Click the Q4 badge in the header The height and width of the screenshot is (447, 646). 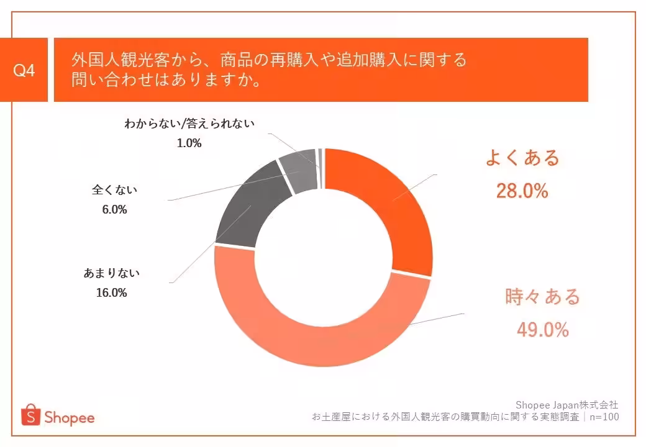coord(24,70)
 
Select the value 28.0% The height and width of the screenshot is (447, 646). coord(522,191)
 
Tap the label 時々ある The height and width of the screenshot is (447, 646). coord(542,297)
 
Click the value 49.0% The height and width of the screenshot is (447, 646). coord(542,330)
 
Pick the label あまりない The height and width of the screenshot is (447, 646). coord(112,273)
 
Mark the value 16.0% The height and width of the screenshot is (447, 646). coord(112,292)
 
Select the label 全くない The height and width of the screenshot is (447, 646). coord(114,189)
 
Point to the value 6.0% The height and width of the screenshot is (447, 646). coord(114,210)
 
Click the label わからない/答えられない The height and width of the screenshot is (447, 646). coord(189,124)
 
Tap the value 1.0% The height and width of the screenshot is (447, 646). coord(189,143)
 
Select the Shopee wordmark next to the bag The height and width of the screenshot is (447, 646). coord(69,417)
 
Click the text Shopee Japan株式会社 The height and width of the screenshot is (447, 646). coord(567,405)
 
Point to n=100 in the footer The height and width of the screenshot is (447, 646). coord(604,417)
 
